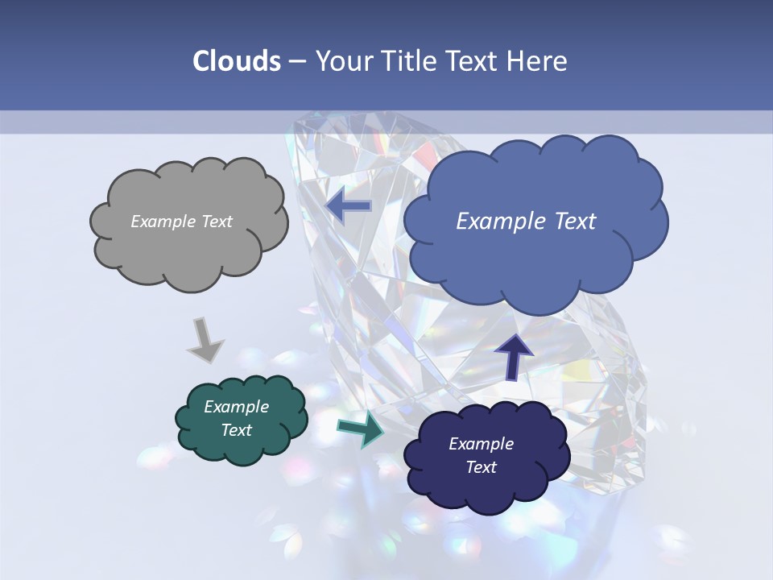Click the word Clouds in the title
tap(237, 61)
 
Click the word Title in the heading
tap(411, 61)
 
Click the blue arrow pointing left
tap(349, 206)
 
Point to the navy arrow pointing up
tap(513, 357)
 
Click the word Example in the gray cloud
tap(163, 222)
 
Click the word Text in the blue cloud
tap(573, 222)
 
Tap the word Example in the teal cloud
tap(237, 407)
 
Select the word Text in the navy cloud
tap(482, 467)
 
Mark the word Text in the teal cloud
tap(237, 430)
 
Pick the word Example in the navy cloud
tap(482, 444)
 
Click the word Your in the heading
tap(340, 61)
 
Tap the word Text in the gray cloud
tap(217, 222)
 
